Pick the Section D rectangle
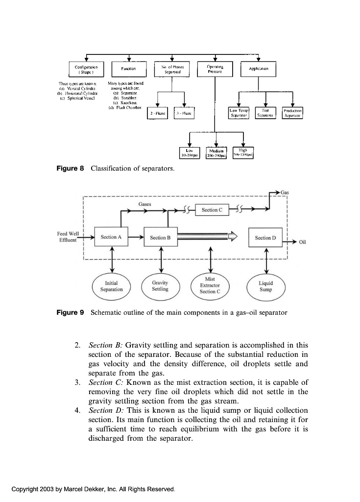(x=266, y=237)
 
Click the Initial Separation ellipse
(x=111, y=286)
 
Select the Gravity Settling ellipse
(x=160, y=286)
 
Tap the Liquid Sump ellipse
(x=266, y=286)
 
